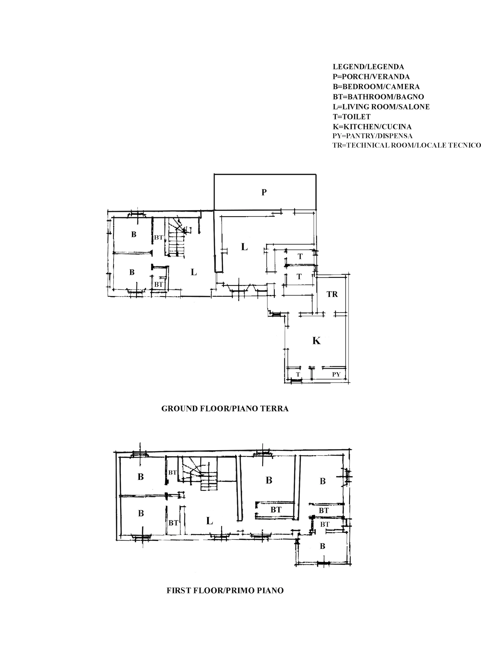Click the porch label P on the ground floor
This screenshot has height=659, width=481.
[264, 192]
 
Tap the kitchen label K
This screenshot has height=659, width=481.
[316, 341]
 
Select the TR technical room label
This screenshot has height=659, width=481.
[332, 294]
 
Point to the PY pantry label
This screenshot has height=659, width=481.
[336, 374]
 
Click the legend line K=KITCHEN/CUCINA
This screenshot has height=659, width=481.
[372, 127]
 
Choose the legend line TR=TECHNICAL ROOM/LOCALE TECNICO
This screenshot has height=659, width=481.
[407, 146]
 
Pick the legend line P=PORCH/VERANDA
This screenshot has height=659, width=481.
[371, 77]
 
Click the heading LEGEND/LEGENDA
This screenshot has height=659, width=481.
[368, 67]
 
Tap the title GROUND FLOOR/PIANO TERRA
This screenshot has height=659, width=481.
[225, 409]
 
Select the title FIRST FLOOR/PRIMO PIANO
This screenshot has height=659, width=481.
[225, 590]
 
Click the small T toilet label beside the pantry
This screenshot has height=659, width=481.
[298, 374]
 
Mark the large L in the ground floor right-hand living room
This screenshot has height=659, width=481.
[244, 247]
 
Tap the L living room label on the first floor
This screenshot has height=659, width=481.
[210, 521]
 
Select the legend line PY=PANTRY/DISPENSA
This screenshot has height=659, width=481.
[372, 136]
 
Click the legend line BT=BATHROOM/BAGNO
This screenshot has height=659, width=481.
[378, 97]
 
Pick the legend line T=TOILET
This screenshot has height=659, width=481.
[352, 117]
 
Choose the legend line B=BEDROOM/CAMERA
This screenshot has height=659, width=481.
[376, 87]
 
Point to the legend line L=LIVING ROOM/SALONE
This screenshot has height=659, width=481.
[381, 107]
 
